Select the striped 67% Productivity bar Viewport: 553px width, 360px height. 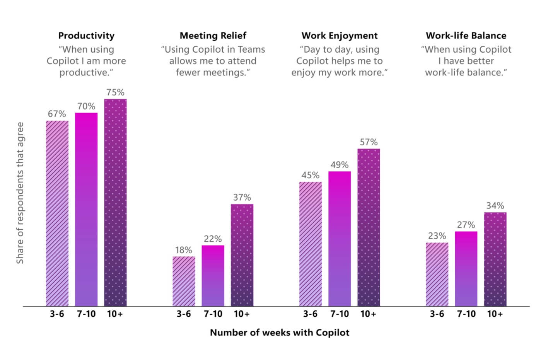pos(57,213)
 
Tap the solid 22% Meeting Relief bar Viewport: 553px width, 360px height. pos(213,275)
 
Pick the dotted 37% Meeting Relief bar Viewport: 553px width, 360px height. pos(242,255)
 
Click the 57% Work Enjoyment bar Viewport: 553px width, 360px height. pos(369,227)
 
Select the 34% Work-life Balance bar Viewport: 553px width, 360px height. pos(495,259)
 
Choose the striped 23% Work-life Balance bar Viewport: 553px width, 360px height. pos(437,274)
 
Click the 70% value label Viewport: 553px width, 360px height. pos(86,106)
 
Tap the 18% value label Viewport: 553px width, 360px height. pos(184,250)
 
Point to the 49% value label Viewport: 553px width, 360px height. pos(340,165)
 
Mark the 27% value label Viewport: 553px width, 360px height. pos(466,225)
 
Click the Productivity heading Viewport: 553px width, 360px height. pos(86,36)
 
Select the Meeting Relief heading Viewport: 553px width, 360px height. pos(213,36)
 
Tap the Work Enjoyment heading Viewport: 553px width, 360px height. pos(340,36)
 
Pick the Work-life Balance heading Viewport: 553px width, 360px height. pos(466,36)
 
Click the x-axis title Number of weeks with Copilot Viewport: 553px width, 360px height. pos(280,333)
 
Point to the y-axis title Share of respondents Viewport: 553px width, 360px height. pos(20,193)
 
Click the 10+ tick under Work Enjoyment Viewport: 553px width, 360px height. pos(369,314)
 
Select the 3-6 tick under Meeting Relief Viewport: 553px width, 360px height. pos(184,314)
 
